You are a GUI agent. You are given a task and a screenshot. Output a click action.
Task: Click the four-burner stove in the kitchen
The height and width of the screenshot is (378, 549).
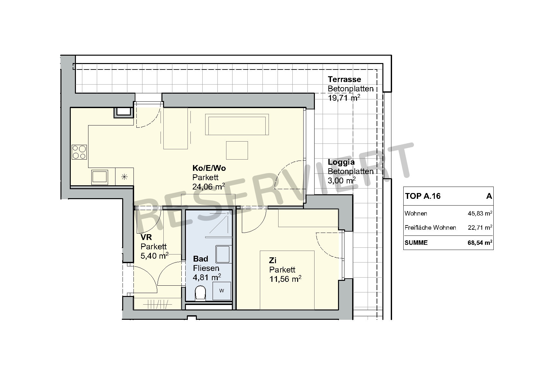coord(79,152)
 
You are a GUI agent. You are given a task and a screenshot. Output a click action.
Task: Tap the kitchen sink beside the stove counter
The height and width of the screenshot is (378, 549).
coord(99,177)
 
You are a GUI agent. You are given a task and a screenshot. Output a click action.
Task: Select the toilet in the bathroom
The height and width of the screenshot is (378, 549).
coord(200,293)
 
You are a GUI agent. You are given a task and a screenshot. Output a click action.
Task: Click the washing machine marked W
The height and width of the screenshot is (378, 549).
coord(222,291)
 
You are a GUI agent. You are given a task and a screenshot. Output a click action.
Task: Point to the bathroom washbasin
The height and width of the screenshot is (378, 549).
coord(223,254)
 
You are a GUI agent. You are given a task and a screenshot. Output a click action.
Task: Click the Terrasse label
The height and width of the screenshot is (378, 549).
coord(344,79)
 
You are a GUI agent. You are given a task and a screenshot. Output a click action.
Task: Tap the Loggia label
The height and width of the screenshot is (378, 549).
coord(341,162)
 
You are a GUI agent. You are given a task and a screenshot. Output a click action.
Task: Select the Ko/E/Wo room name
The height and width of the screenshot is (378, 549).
coord(209,168)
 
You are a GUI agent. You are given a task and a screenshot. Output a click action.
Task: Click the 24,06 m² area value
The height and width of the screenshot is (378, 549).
coord(209,187)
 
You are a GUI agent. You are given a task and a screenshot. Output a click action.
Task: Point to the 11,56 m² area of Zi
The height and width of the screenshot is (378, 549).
coord(285,279)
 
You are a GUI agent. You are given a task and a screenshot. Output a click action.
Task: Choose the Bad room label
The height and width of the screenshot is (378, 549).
coord(200,259)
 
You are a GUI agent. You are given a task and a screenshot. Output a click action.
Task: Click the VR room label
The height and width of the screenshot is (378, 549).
coord(146,237)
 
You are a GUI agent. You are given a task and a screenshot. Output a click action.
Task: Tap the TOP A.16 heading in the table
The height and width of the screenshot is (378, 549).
coord(423,196)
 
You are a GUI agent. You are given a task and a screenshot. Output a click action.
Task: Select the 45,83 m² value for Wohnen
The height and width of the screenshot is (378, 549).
coord(480,213)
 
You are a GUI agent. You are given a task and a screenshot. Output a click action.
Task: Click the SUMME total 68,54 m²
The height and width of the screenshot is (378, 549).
coord(480,243)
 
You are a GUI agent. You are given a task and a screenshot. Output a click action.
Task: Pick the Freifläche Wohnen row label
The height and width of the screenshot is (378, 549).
coord(430,228)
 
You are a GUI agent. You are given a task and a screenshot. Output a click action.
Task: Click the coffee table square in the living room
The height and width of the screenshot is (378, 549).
coord(237,150)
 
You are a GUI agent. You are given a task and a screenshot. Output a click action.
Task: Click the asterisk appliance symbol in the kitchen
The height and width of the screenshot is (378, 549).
coord(124,177)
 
